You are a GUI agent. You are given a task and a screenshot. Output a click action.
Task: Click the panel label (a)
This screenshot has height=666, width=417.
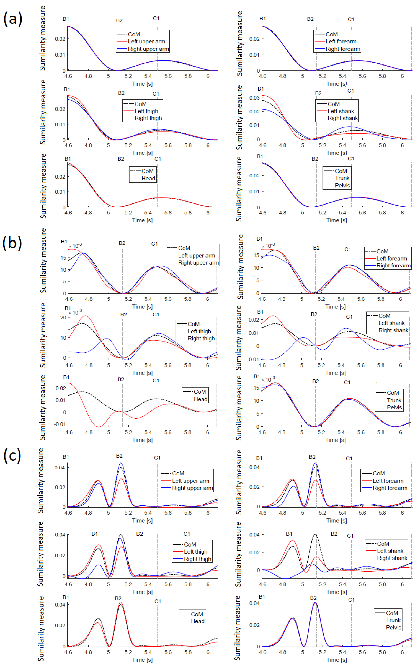[13, 19]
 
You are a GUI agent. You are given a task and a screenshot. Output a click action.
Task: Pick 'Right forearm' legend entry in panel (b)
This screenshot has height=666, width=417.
[393, 266]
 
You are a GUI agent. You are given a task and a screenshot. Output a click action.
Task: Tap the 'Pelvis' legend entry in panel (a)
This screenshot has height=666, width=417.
[342, 185]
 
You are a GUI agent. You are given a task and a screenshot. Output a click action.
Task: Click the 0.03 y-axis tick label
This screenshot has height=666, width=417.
[254, 98]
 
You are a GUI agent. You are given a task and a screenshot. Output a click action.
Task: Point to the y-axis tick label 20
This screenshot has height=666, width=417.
[63, 317]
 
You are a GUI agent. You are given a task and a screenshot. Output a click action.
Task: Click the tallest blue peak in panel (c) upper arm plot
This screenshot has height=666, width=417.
[121, 463]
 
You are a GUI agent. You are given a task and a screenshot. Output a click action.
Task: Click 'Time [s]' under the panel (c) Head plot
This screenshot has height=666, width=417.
[142, 660]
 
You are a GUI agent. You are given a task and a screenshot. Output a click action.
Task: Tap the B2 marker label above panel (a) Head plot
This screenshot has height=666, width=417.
[121, 159]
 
